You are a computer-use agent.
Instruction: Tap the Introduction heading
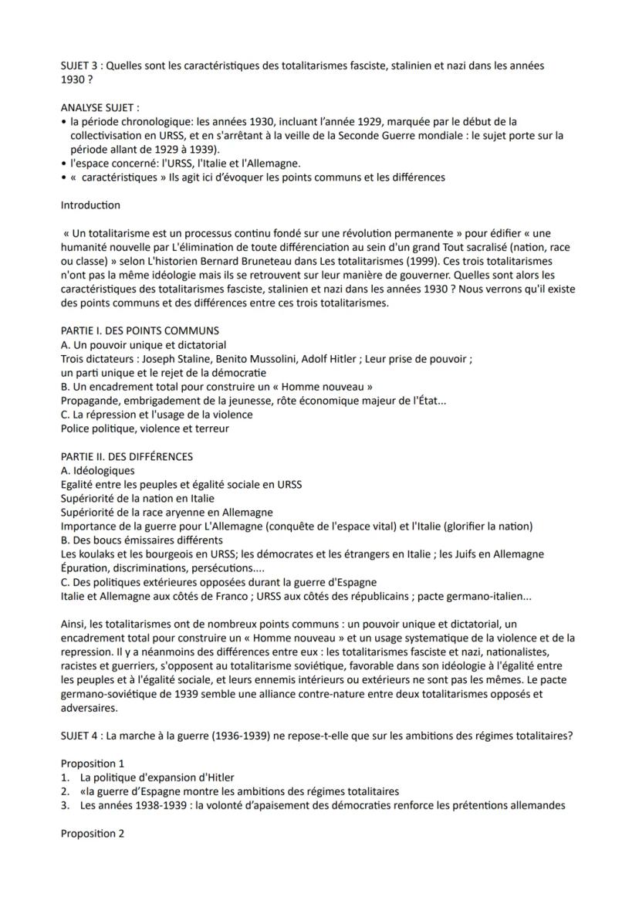(x=90, y=205)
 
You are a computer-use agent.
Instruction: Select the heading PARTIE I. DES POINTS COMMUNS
(x=140, y=331)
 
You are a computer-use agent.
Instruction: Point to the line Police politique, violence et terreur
(x=144, y=428)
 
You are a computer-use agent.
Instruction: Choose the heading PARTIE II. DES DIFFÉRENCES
(x=127, y=456)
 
